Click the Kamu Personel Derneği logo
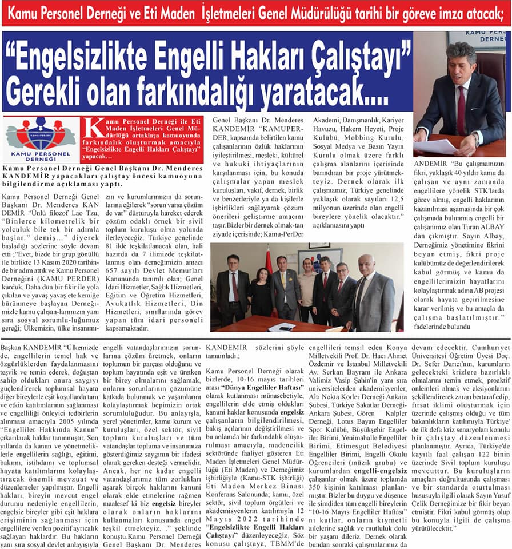[x=40, y=140]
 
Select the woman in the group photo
[x=261, y=292]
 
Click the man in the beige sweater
[x=307, y=289]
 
